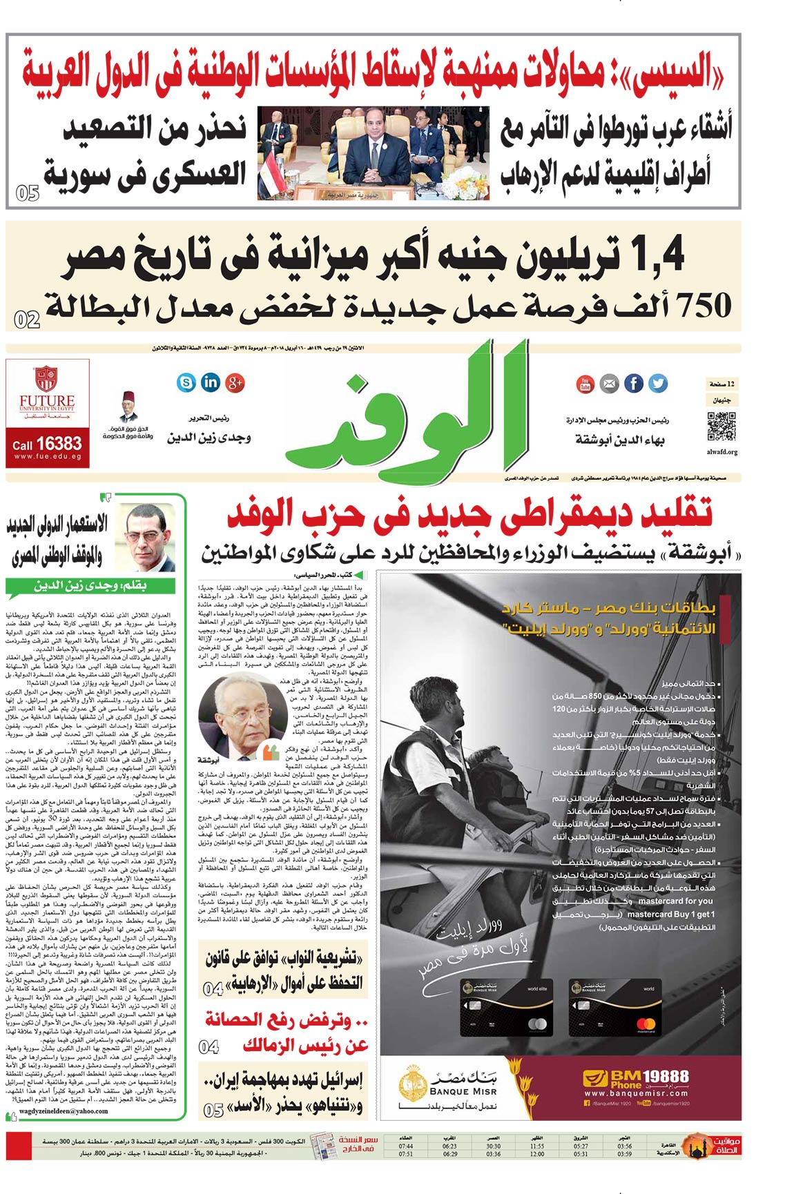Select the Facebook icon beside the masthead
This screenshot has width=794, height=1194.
point(633,383)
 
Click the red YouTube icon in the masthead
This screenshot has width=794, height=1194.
point(585,383)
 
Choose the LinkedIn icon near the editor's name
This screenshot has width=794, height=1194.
point(211,382)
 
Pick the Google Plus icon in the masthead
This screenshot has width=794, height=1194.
point(235,382)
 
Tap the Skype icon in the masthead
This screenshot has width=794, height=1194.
point(186,382)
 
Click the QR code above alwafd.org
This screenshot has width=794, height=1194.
point(722,427)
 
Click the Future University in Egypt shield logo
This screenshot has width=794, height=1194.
point(46,380)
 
